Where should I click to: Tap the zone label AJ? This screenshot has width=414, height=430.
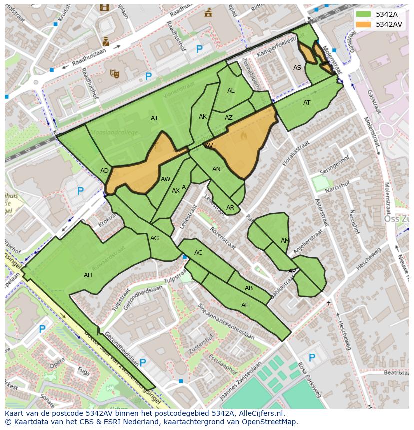pos(154,118)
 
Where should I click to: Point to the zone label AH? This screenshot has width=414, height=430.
pos(88,275)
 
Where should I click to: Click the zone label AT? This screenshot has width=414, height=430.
pos(307,103)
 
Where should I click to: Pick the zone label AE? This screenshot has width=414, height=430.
pos(245,305)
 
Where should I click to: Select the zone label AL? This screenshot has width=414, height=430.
pos(231,91)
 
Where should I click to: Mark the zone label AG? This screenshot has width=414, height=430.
pos(154,238)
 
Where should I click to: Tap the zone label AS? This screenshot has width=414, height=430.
pos(297,68)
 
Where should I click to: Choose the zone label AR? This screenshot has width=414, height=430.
pos(230,208)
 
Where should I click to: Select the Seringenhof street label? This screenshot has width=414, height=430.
pos(334,167)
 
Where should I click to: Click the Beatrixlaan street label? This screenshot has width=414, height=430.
pos(397,373)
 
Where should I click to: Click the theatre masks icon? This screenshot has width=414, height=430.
pos(115,74)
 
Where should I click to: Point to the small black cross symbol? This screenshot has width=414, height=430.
pos(328,303)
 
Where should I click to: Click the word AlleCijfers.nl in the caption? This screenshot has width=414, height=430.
pos(260,414)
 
